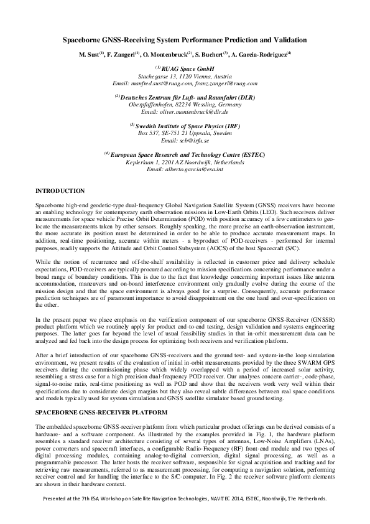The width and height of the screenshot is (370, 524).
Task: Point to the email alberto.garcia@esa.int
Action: pos(185,169)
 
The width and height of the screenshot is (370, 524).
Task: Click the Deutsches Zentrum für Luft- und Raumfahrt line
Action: pos(188,96)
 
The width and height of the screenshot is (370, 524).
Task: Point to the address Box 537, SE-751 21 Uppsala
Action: pos(185,133)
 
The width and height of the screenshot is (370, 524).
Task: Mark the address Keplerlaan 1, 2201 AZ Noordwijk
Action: pos(185,162)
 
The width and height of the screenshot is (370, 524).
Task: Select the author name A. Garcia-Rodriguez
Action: pos(261,54)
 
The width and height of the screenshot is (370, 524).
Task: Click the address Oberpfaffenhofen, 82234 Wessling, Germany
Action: pos(185,104)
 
